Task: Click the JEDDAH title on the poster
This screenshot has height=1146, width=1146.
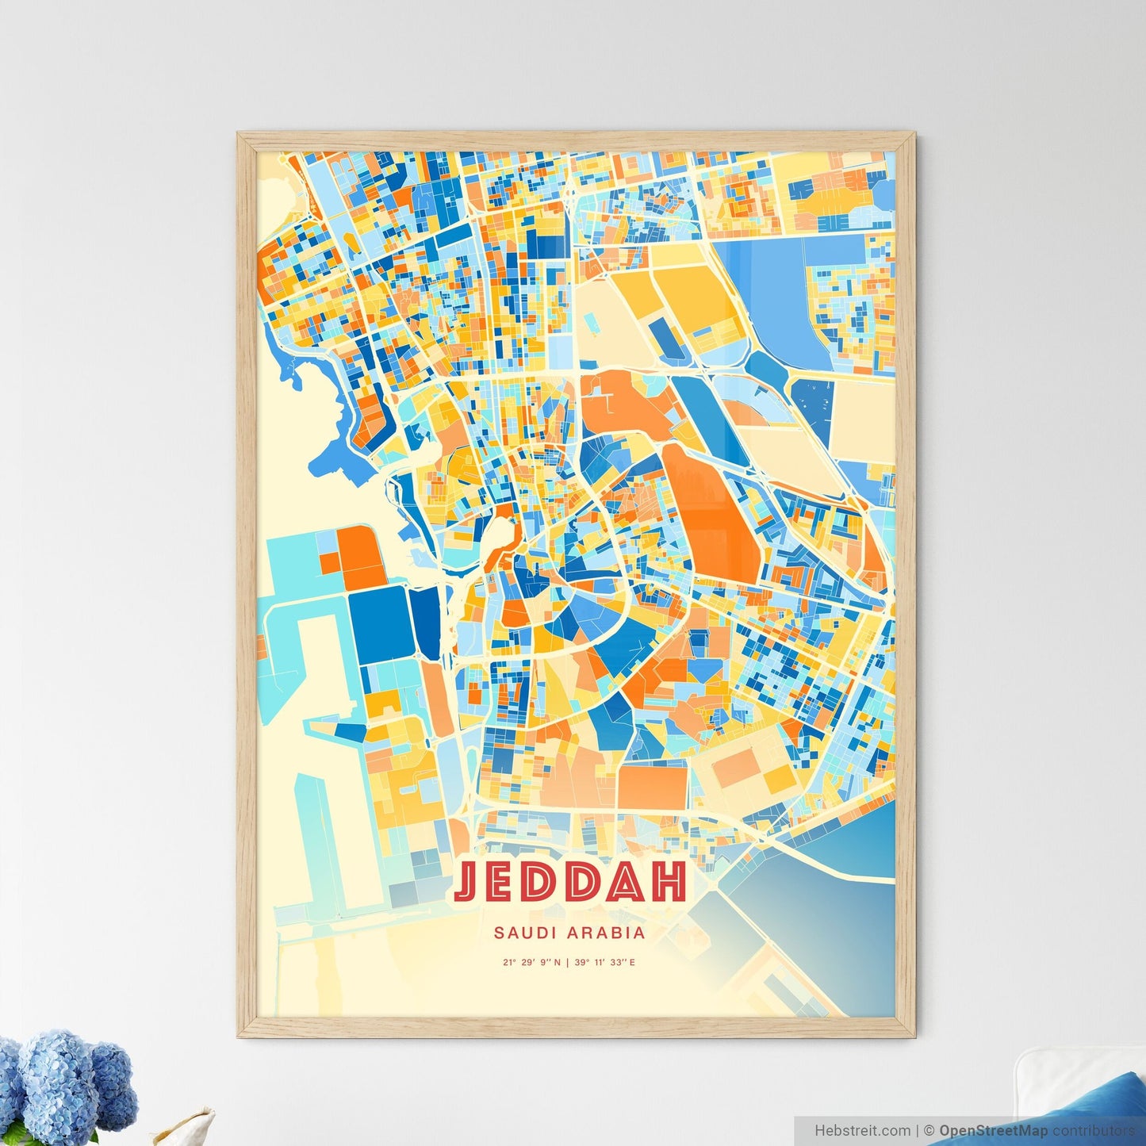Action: click(x=570, y=881)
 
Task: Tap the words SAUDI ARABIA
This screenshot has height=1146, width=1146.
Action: click(x=569, y=933)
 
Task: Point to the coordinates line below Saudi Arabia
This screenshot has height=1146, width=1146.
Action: click(x=569, y=963)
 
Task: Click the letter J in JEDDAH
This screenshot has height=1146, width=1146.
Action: click(x=468, y=881)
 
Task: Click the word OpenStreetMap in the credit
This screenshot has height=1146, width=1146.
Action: click(x=993, y=1131)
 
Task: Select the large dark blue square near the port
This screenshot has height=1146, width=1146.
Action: click(x=379, y=626)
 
